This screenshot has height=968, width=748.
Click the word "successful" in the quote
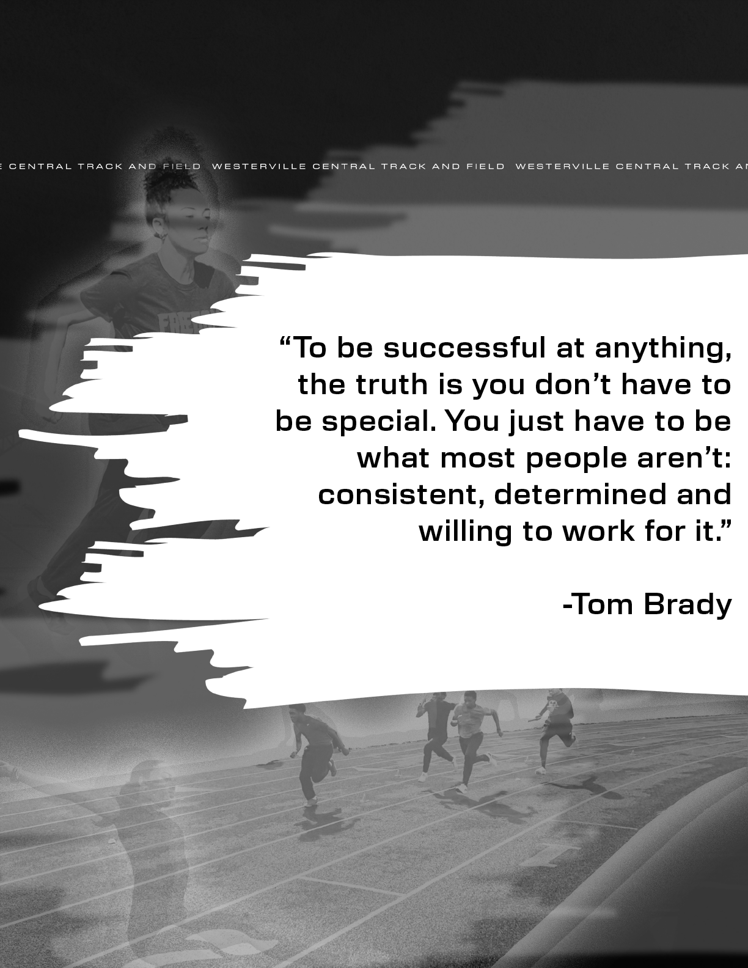pyautogui.click(x=464, y=348)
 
